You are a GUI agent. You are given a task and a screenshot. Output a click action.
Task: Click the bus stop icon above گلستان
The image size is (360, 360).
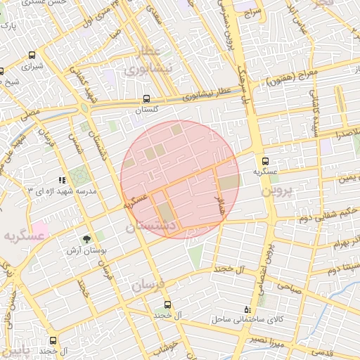point(146,99)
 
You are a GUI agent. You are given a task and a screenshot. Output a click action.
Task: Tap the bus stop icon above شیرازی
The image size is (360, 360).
point(32,55)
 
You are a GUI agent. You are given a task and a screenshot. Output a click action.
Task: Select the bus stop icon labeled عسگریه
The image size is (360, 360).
point(265,160)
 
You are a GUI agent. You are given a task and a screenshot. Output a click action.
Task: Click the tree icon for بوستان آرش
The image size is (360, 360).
point(86,239)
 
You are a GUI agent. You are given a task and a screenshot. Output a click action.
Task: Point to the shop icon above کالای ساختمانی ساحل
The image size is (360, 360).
point(246,309)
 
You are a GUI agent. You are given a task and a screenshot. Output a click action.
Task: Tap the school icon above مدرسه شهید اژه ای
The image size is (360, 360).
point(62,181)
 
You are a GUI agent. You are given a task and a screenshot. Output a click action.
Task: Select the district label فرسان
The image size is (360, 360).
point(147,285)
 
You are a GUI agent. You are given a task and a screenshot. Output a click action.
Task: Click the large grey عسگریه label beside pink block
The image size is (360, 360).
point(23,238)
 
